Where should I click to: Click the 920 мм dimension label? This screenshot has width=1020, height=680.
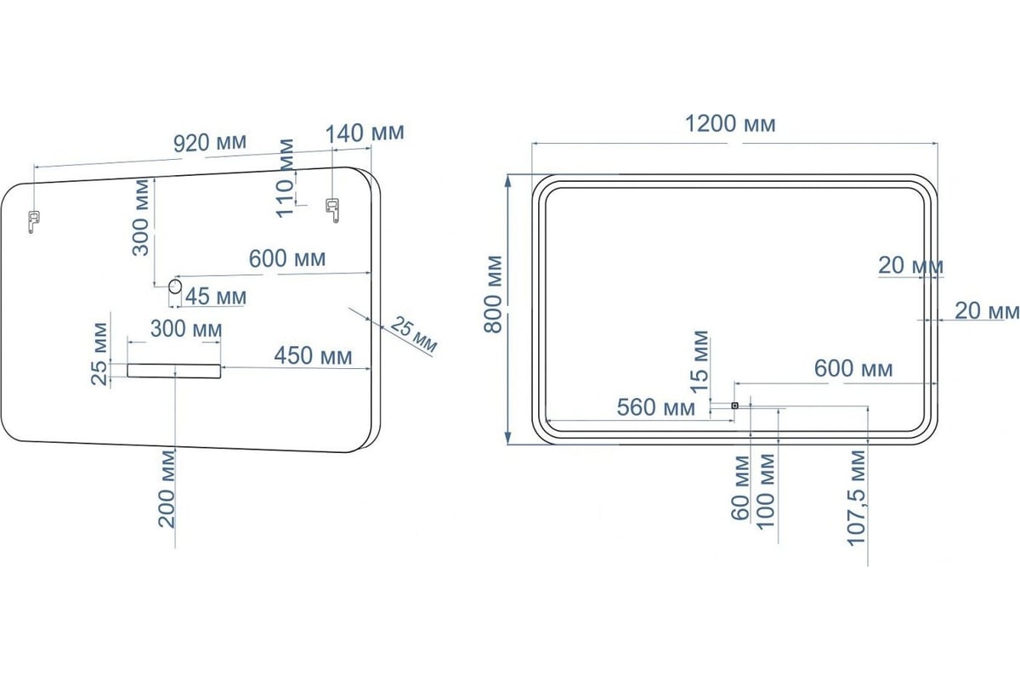click(210, 143)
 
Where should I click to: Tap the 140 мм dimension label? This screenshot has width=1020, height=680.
click(365, 133)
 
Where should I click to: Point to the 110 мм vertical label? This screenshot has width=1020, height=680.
click(286, 178)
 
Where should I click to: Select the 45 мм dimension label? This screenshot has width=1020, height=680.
click(216, 297)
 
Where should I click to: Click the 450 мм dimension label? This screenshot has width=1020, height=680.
click(314, 355)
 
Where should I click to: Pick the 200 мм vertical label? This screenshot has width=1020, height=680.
click(167, 489)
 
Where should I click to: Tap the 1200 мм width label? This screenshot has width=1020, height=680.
click(730, 124)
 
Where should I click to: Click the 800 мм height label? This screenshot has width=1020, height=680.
click(493, 294)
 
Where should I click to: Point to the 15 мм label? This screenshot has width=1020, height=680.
click(699, 361)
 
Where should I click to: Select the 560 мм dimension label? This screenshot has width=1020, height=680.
click(656, 407)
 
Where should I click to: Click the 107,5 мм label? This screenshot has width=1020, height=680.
click(856, 498)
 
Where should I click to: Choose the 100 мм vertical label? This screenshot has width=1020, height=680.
click(766, 491)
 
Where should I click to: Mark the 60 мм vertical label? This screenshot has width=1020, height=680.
click(740, 488)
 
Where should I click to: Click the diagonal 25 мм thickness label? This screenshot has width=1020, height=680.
click(413, 335)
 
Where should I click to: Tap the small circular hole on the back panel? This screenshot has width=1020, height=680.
click(175, 286)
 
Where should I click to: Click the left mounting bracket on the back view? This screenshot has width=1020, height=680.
click(33, 221)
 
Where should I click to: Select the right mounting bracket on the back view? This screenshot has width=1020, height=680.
click(332, 210)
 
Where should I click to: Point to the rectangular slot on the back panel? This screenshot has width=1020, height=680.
click(174, 371)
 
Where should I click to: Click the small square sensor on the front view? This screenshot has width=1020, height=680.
click(734, 405)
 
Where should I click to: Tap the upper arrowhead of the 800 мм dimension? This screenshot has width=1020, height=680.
click(508, 180)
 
